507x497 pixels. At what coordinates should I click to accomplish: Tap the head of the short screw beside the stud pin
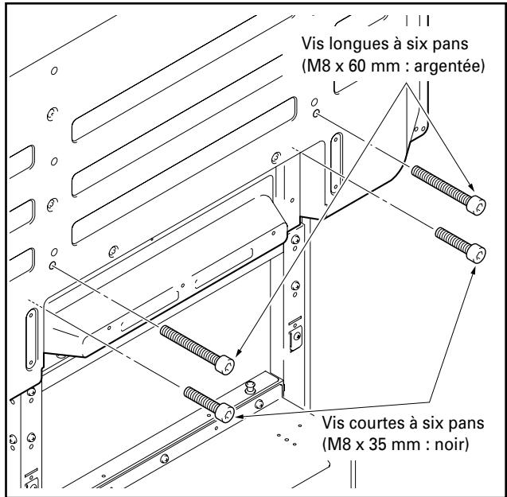pyautogui.click(x=224, y=412)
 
